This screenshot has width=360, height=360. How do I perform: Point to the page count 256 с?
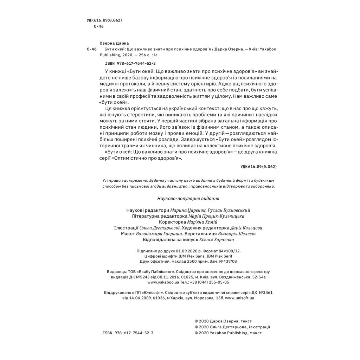coord(142,55)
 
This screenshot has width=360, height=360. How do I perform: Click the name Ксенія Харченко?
coord(217,240)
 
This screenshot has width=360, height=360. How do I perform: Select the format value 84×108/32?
coord(227,251)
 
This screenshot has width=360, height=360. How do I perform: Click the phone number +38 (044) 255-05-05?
coord(209,282)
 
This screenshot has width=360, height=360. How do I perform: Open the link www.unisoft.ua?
coord(239,298)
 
